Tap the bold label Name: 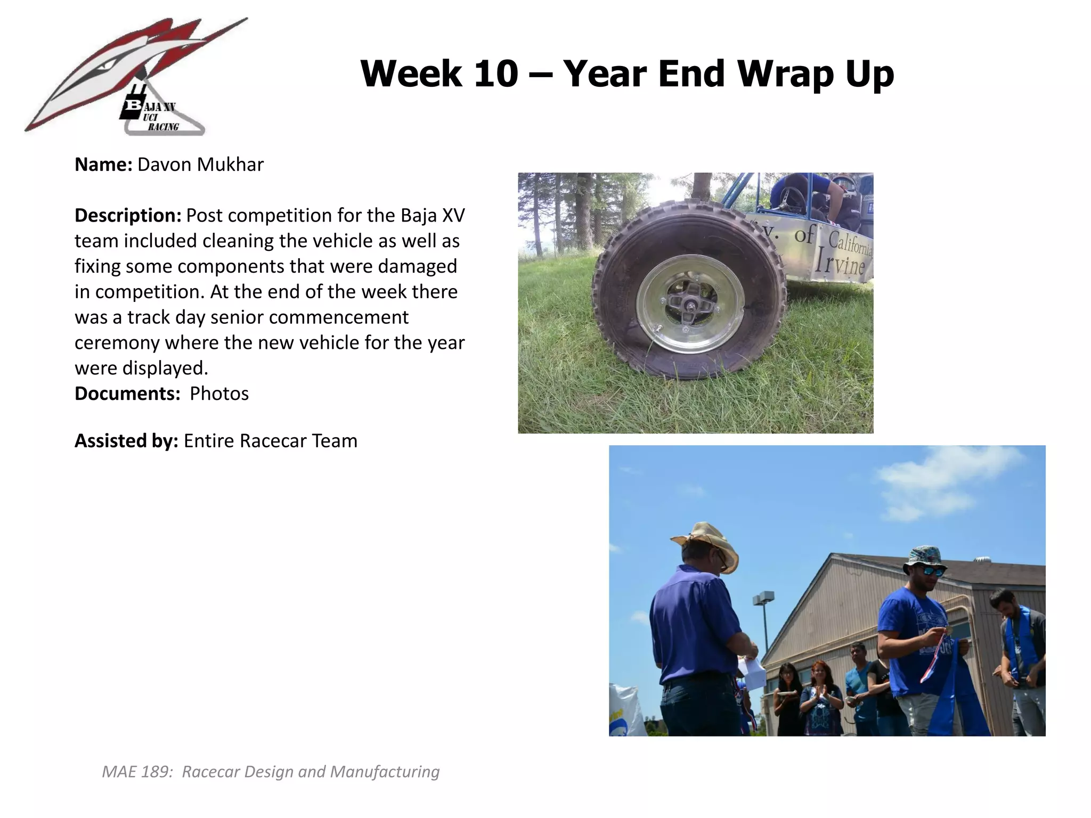pyautogui.click(x=103, y=165)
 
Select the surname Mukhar pyautogui.click(x=230, y=165)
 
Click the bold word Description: pyautogui.click(x=128, y=216)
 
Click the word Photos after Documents pyautogui.click(x=219, y=394)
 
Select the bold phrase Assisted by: pyautogui.click(x=126, y=441)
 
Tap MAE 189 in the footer pyautogui.click(x=137, y=772)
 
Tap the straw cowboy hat pyautogui.click(x=706, y=541)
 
